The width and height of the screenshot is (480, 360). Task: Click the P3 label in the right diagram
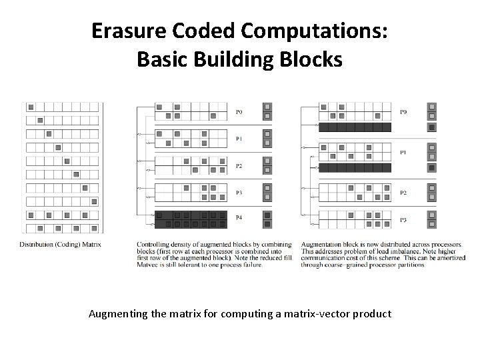tap(403, 219)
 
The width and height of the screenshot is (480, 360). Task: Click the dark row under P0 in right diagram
tap(354, 127)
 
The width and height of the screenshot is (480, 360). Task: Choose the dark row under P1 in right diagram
tap(354, 167)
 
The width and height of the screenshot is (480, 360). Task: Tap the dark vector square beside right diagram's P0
tap(432, 127)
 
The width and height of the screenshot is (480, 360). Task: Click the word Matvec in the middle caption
tap(144, 265)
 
